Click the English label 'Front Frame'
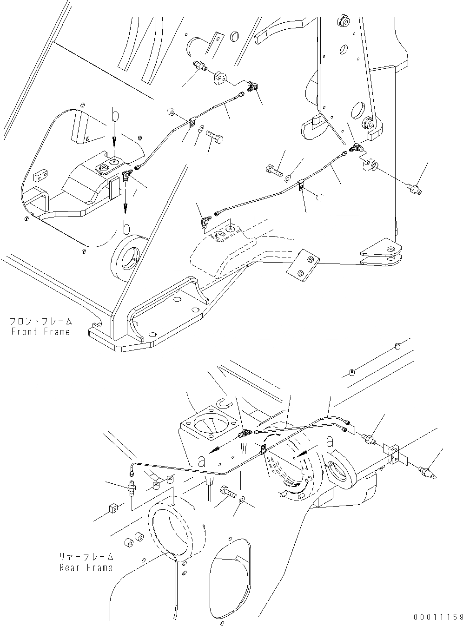point(40,331)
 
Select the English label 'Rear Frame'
point(86,567)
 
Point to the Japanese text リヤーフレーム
point(86,557)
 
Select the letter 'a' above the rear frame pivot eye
point(330,441)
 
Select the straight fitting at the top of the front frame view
point(199,66)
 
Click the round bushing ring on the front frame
point(129,256)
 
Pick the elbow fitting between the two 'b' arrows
point(126,174)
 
